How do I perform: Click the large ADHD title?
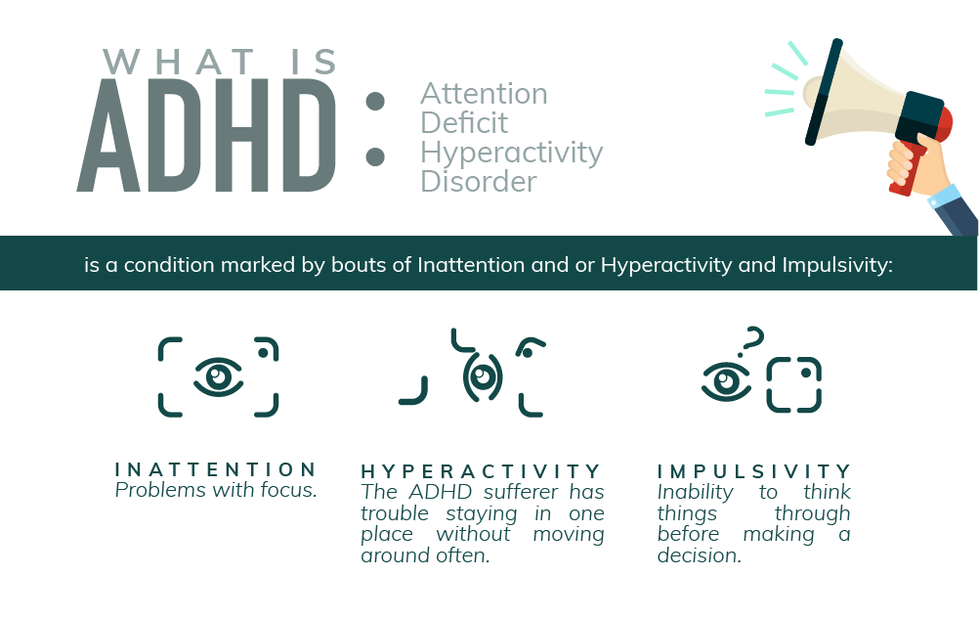pyautogui.click(x=207, y=136)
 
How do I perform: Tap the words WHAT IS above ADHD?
pyautogui.click(x=220, y=63)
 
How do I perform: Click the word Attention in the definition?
pyautogui.click(x=484, y=94)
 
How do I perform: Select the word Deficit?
pyautogui.click(x=464, y=122)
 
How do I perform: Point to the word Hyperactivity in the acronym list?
pyautogui.click(x=511, y=154)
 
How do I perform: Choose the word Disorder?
pyautogui.click(x=478, y=182)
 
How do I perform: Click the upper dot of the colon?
pyautogui.click(x=375, y=102)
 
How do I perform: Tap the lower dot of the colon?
pyautogui.click(x=375, y=156)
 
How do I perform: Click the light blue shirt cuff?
pyautogui.click(x=944, y=197)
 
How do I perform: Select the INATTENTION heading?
pyautogui.click(x=216, y=469)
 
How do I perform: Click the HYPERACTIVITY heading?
pyautogui.click(x=482, y=471)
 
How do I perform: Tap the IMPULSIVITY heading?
pyautogui.click(x=754, y=471)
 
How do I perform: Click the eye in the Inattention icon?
pyautogui.click(x=218, y=376)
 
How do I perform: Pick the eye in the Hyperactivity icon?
pyautogui.click(x=482, y=376)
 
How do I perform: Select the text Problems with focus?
pyautogui.click(x=216, y=490)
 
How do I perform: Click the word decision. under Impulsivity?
pyautogui.click(x=700, y=555)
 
